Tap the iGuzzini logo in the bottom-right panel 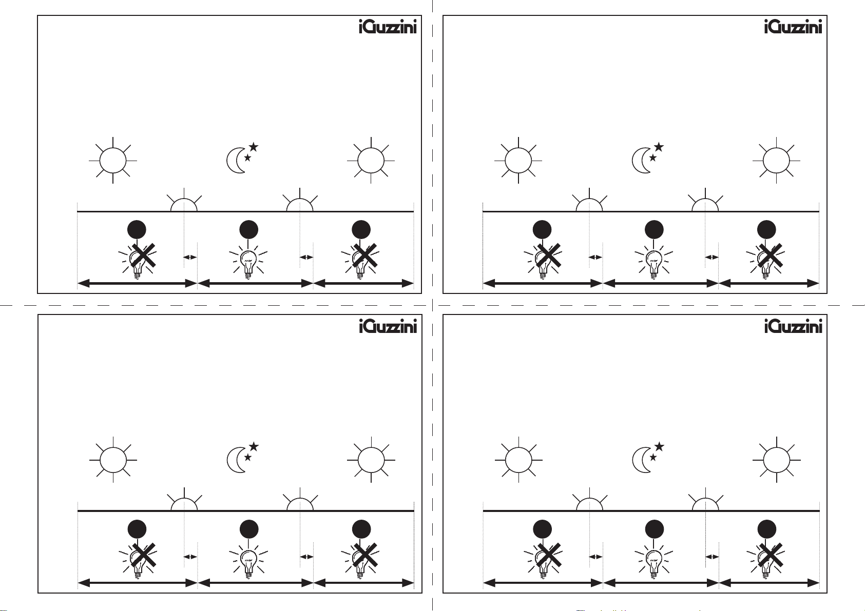[x=793, y=326]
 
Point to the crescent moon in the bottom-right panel [x=641, y=460]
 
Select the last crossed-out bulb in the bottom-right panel [x=766, y=559]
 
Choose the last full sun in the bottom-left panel [x=371, y=460]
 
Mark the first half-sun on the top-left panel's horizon [x=184, y=204]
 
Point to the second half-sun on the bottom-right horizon [x=705, y=504]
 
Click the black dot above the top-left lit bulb [x=249, y=229]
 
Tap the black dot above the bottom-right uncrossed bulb [x=654, y=529]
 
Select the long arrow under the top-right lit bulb [x=661, y=283]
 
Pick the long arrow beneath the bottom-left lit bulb [x=255, y=583]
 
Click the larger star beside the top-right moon [x=659, y=147]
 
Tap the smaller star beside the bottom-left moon [x=247, y=457]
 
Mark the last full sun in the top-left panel [x=371, y=161]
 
